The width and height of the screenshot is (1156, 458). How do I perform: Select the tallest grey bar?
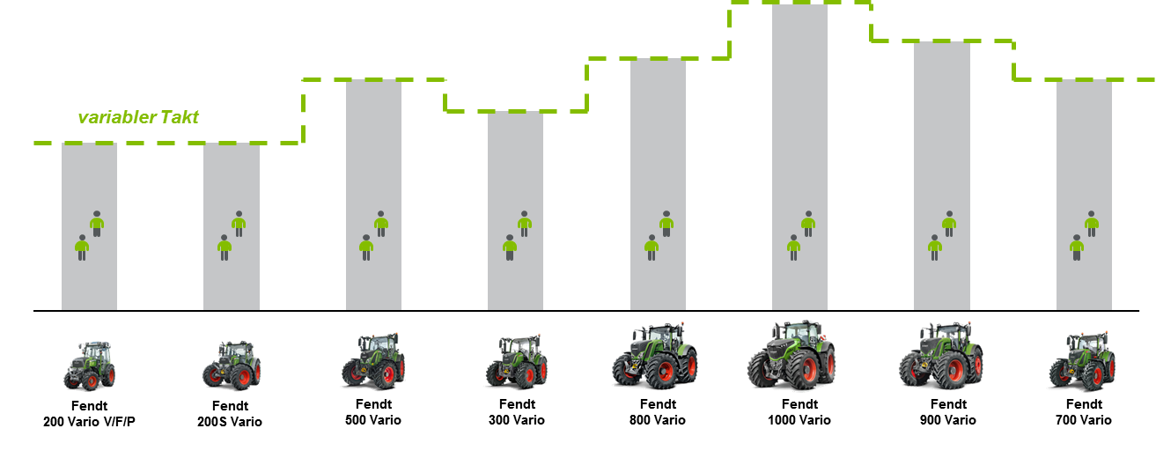point(799,159)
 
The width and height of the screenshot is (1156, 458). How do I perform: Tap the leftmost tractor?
point(89,364)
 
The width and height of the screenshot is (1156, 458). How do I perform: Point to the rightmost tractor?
point(1081,361)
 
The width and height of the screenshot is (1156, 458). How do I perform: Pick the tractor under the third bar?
point(373,360)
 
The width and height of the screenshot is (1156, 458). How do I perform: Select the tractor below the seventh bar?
point(940,356)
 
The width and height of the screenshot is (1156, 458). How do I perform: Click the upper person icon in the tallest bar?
point(808,223)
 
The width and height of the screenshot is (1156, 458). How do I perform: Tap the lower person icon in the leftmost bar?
point(82,247)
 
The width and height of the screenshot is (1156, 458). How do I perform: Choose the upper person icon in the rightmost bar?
point(1092,223)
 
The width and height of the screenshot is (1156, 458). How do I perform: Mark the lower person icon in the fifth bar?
point(652,247)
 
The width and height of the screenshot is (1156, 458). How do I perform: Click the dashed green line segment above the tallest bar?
point(799,3)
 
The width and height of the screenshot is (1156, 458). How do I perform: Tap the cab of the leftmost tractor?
point(95,351)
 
